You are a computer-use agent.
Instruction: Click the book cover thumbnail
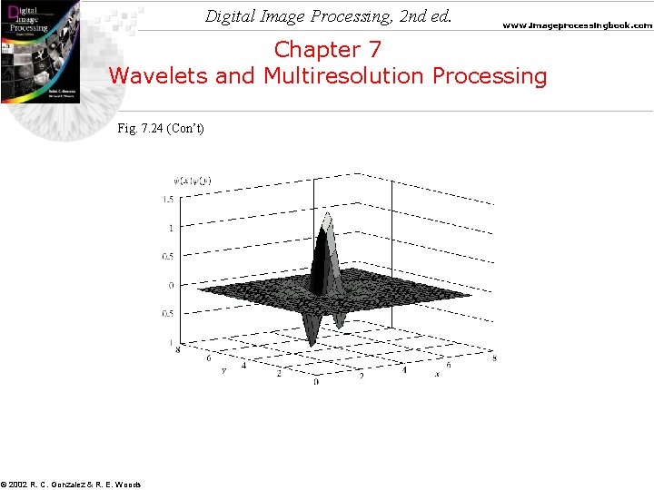click(x=40, y=51)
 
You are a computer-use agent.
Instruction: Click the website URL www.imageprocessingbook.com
click(x=577, y=26)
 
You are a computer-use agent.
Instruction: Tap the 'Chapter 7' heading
click(x=327, y=49)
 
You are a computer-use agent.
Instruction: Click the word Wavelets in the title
click(x=159, y=75)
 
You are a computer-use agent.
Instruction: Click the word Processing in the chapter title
click(x=490, y=75)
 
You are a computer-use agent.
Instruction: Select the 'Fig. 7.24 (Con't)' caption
click(x=161, y=128)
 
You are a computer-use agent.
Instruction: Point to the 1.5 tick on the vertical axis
click(x=168, y=199)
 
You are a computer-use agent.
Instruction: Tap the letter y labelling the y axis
click(x=223, y=369)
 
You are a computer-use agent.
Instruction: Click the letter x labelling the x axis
click(x=436, y=374)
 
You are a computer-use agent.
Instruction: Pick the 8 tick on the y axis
click(x=178, y=348)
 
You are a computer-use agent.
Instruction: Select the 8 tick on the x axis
click(x=493, y=359)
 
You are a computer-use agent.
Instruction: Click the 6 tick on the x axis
click(x=449, y=365)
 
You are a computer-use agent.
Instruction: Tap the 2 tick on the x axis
click(x=361, y=375)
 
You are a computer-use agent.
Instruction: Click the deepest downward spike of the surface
click(x=312, y=343)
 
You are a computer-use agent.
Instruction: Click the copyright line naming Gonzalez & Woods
click(x=71, y=484)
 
